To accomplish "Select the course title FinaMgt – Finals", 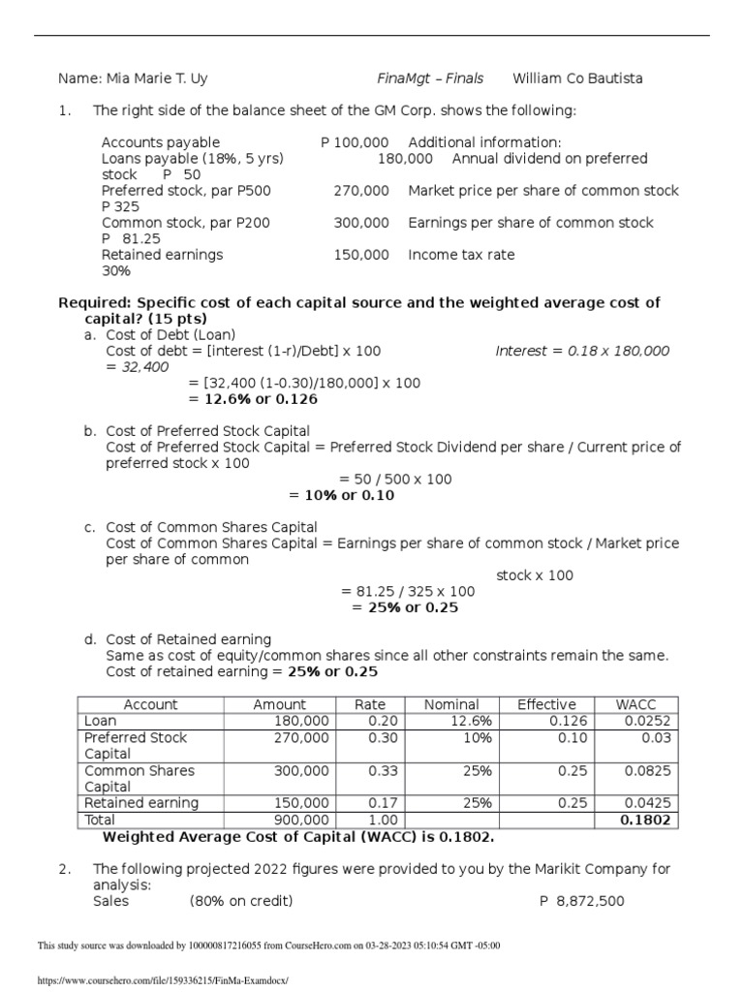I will (x=429, y=77).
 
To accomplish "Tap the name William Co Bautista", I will (x=577, y=77).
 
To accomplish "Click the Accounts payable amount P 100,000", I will (x=355, y=142).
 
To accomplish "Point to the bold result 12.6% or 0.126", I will (x=252, y=399).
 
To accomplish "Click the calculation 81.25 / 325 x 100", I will (x=408, y=591).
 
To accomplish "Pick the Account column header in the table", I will (x=150, y=704).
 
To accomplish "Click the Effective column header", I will (x=546, y=704).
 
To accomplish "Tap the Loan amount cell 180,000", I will (x=302, y=721).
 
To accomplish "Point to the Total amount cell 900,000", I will (x=302, y=820).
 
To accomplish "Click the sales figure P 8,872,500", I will (x=581, y=901).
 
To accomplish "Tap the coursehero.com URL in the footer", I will (x=163, y=980).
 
